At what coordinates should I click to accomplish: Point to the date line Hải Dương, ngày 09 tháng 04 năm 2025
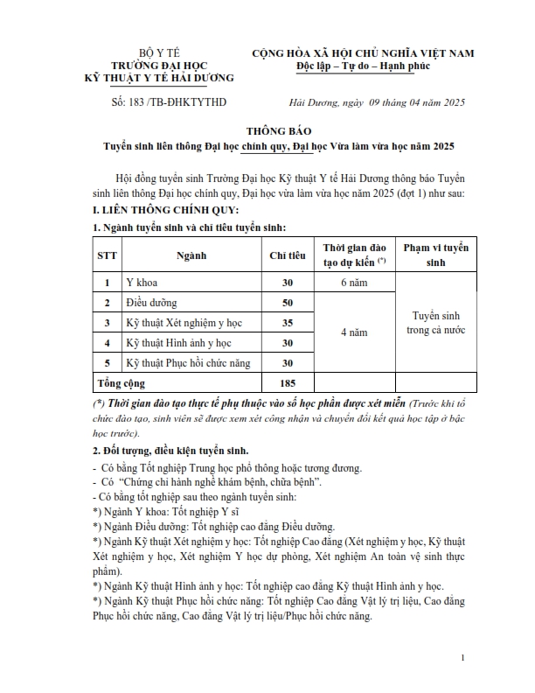pos(377,102)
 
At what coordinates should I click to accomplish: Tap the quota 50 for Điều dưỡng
pos(287,303)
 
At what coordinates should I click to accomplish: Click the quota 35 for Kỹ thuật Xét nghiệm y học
pos(287,323)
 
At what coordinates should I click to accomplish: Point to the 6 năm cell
pos(354,283)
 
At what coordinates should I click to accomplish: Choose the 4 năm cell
pos(354,332)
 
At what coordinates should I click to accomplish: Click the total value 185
pos(287,383)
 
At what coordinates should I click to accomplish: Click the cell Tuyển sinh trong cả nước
pos(435,323)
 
